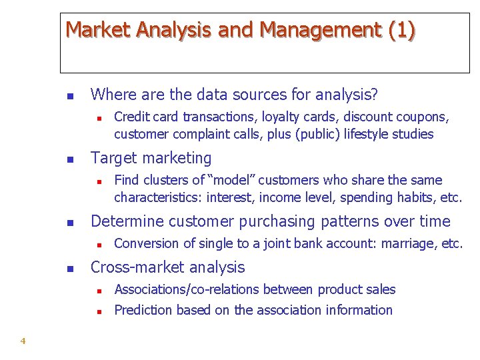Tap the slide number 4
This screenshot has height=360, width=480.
click(x=23, y=341)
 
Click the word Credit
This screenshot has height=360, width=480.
click(x=131, y=117)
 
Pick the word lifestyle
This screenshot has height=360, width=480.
click(x=369, y=135)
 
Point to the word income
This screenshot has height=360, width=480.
click(x=278, y=198)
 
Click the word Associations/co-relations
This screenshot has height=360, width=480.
click(x=187, y=289)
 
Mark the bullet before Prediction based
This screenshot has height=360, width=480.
click(x=97, y=311)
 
